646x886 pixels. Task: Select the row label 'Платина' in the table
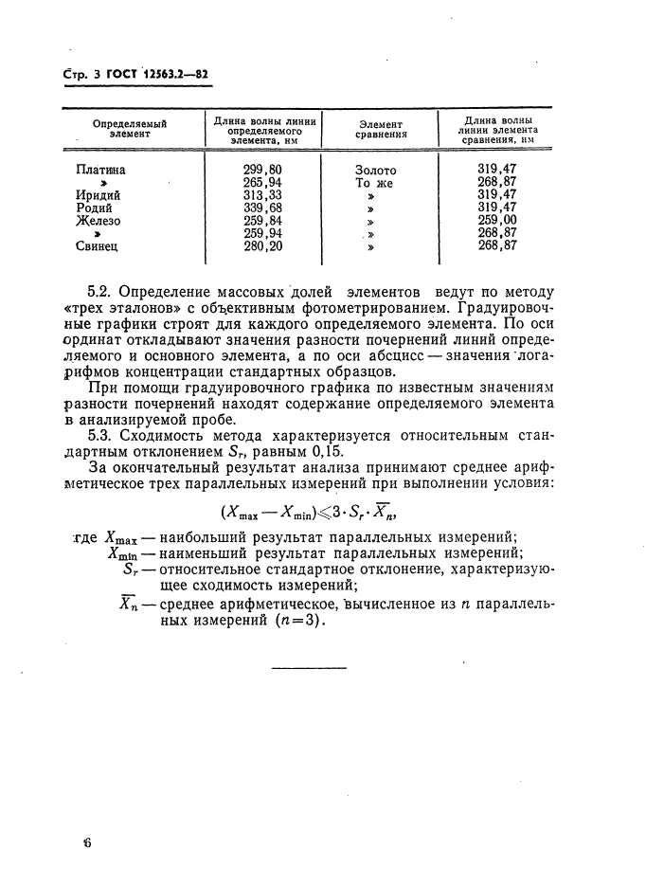pos(100,171)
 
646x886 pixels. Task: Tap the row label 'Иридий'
pos(99,195)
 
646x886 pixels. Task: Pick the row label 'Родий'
pos(95,208)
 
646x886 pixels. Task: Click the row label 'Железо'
pos(99,221)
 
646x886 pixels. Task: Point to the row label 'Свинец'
pos(99,246)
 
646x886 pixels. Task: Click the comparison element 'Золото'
pos(376,171)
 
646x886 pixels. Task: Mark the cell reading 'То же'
pos(374,183)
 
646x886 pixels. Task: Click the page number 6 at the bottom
pos(86,842)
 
